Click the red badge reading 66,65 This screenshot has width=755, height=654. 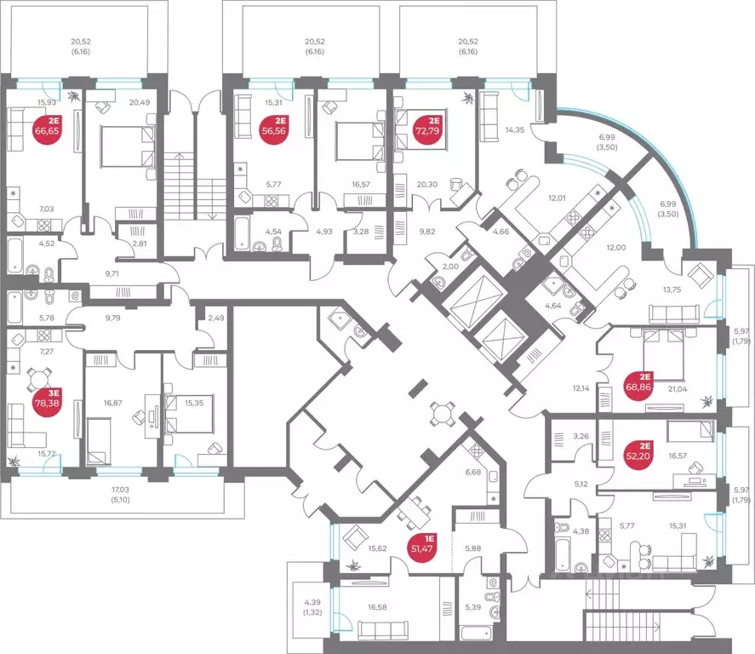[47, 126]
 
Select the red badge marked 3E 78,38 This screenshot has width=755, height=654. [47, 398]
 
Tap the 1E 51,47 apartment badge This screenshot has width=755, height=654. [422, 547]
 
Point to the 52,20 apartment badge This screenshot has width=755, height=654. [638, 450]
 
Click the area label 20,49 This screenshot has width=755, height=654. [139, 102]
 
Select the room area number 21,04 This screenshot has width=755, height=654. [678, 389]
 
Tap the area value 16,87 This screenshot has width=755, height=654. [112, 403]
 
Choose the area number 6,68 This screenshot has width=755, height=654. [473, 472]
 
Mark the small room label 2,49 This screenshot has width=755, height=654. [215, 318]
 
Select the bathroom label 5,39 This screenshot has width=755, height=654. [473, 607]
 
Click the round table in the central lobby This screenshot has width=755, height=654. [442, 414]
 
